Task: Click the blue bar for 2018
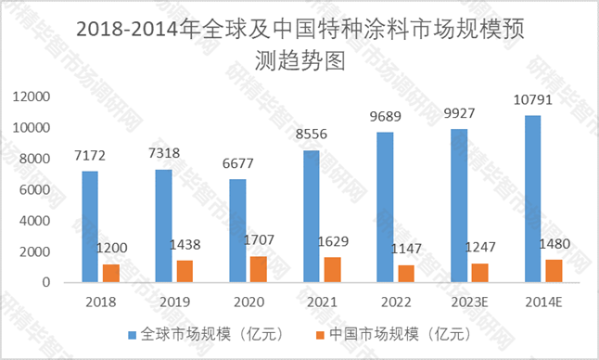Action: [x=89, y=226]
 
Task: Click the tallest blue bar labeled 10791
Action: [x=532, y=199]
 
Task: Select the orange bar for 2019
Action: [x=185, y=271]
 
